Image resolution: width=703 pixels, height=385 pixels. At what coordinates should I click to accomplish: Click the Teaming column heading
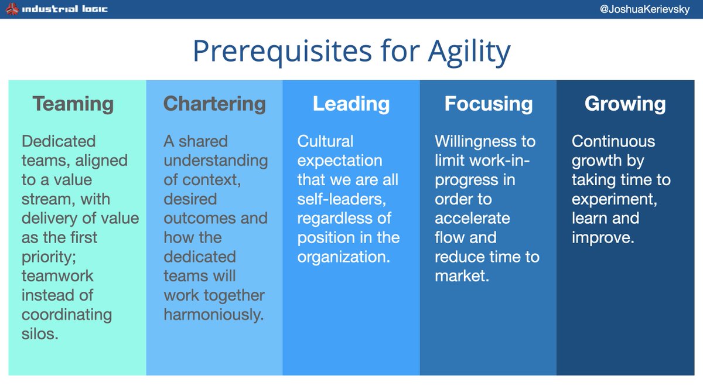[73, 104]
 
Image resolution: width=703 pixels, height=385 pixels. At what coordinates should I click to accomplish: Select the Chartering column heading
[214, 104]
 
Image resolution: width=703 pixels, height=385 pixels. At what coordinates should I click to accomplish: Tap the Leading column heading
[351, 104]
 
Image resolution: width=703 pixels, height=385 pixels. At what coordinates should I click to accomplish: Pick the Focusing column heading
[489, 104]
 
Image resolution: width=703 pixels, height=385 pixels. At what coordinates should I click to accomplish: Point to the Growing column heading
[625, 104]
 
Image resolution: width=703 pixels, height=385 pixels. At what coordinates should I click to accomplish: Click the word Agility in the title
[469, 52]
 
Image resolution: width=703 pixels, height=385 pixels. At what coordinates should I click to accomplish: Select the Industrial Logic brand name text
[65, 9]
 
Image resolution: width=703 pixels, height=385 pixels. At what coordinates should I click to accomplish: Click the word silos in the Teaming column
[40, 334]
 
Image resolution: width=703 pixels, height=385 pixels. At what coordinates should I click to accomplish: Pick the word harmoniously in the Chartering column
[213, 315]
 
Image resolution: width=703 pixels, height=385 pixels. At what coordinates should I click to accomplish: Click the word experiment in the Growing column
[614, 199]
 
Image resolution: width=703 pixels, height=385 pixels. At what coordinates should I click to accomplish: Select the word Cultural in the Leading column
[326, 141]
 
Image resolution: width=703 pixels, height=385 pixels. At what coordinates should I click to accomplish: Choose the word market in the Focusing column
[460, 275]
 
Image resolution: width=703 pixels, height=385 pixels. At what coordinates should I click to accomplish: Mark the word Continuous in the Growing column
[613, 141]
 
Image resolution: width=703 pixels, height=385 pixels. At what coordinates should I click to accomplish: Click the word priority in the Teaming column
[45, 257]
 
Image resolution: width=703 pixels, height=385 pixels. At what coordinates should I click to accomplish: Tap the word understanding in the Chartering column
[216, 161]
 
